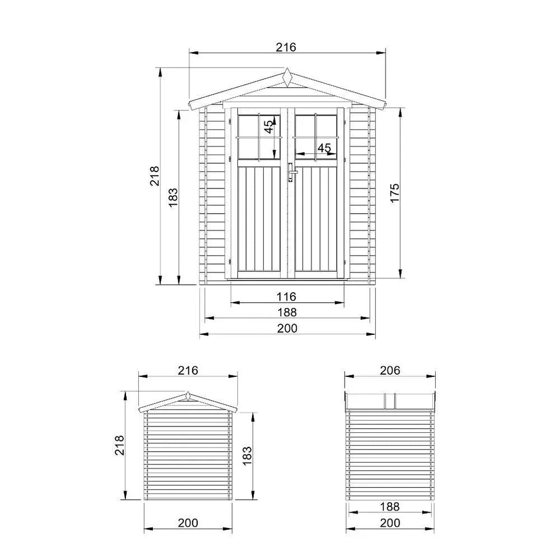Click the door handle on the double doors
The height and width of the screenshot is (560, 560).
coord(290,172)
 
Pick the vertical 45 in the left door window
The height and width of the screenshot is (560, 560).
coord(268,127)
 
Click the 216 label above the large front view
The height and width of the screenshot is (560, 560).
coord(287,47)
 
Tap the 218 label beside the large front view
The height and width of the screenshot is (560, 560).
coord(155,176)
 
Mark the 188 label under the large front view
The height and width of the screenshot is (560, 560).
coord(287,312)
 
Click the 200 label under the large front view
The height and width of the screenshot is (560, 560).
coord(287,328)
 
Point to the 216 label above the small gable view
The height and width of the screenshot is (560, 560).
coord(188,370)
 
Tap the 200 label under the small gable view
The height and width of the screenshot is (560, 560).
coord(188,523)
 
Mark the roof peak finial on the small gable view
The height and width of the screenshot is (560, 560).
coord(187,396)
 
